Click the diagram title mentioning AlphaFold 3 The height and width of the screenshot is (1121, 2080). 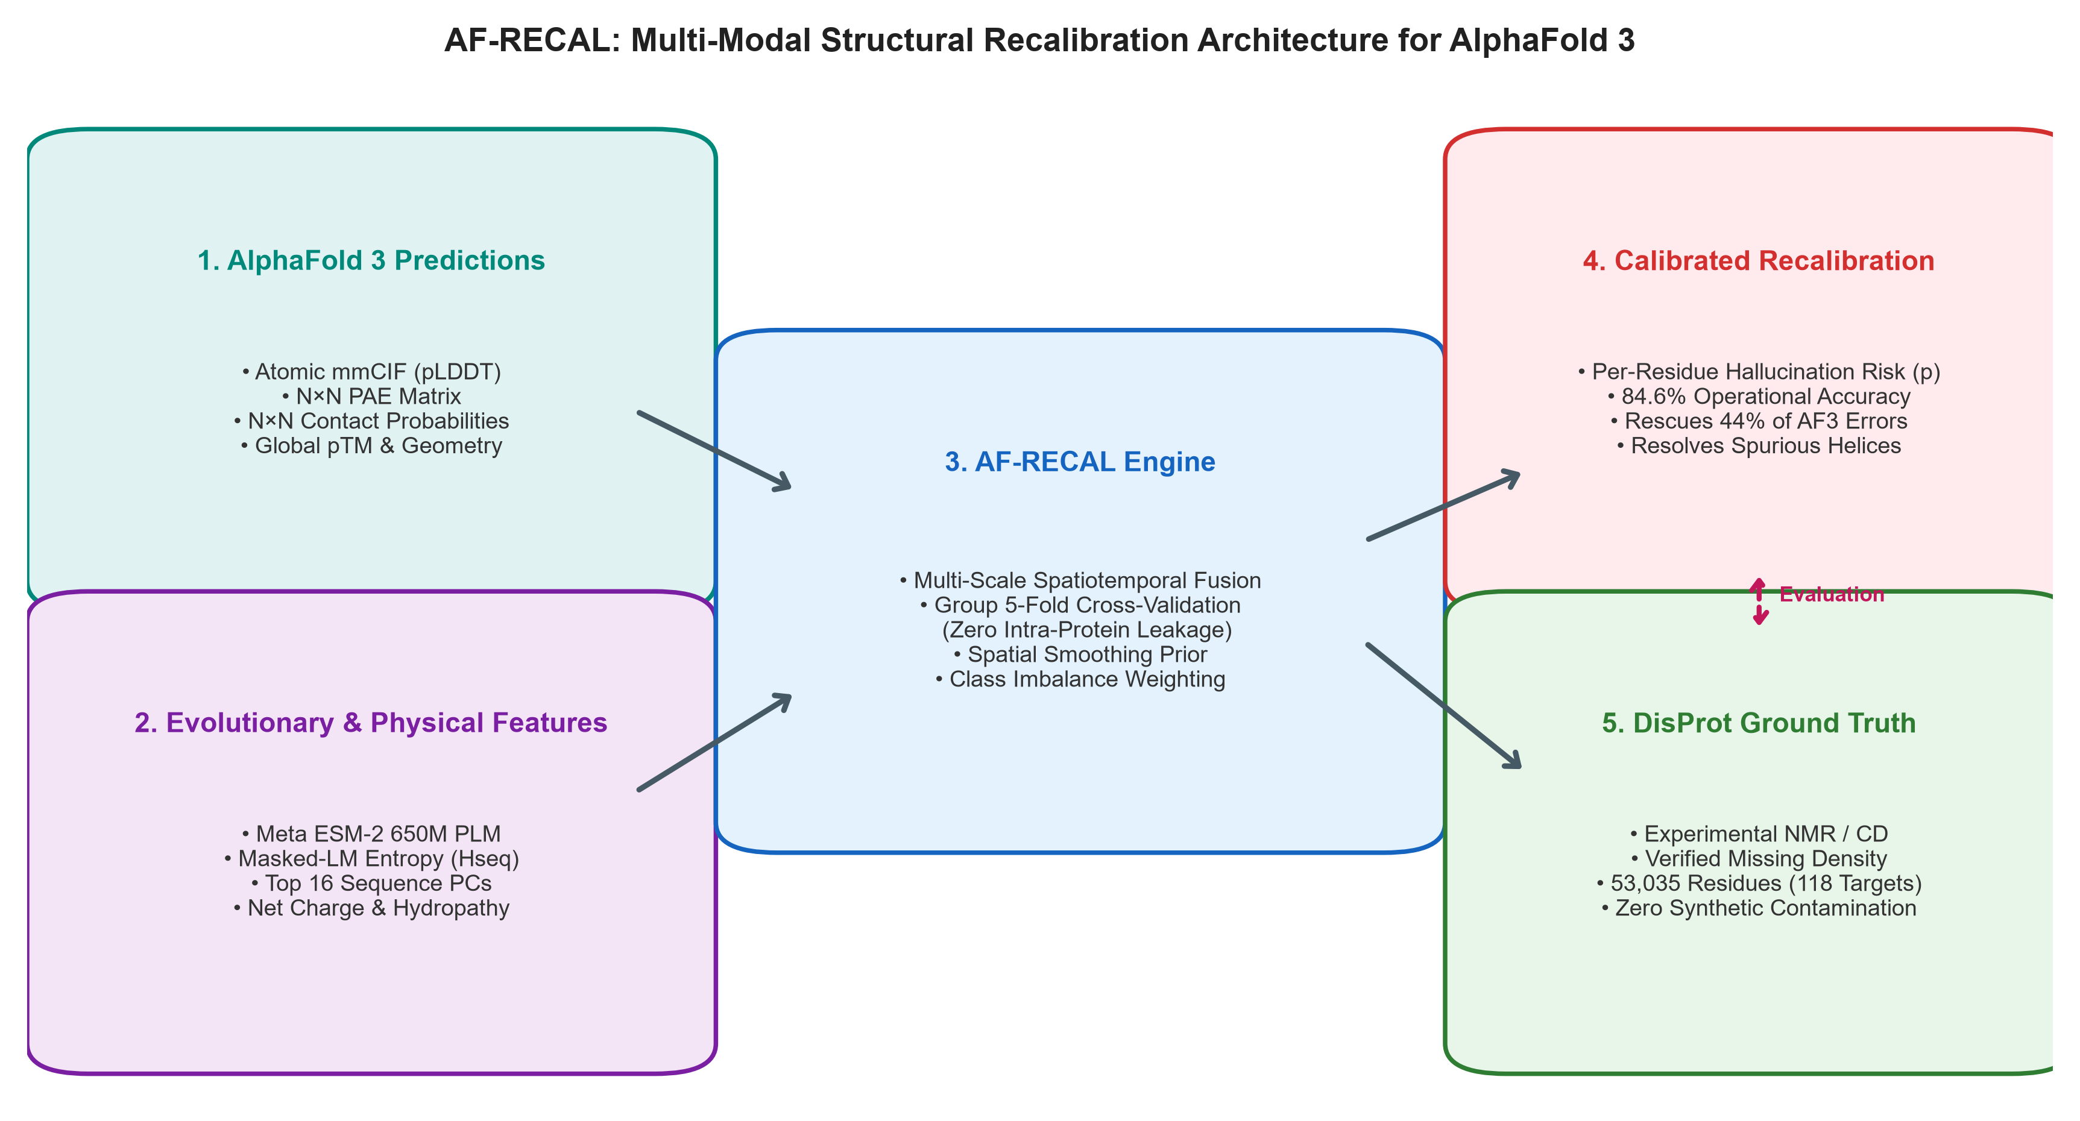click(1039, 40)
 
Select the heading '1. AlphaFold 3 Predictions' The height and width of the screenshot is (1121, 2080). click(371, 261)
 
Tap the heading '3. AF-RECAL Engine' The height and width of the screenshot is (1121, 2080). click(1080, 462)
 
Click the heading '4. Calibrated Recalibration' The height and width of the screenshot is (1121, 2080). click(1759, 261)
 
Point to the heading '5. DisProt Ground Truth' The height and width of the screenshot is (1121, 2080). click(1759, 723)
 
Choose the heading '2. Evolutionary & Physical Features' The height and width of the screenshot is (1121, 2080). click(371, 723)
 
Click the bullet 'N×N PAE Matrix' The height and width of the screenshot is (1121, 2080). click(371, 396)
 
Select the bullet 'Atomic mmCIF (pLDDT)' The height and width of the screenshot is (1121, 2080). click(371, 372)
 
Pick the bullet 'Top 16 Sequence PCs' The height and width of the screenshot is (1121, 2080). click(371, 884)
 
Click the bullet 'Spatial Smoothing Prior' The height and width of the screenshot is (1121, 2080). click(1080, 655)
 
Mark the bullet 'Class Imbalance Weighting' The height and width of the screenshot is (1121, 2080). click(1080, 680)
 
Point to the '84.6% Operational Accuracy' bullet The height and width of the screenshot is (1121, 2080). click(1759, 396)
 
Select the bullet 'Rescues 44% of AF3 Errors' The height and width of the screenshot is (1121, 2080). click(1759, 421)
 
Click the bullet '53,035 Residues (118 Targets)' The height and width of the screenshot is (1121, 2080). click(1759, 884)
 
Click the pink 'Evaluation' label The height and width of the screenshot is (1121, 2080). click(1832, 595)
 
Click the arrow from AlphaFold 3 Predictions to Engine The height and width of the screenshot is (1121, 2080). click(714, 450)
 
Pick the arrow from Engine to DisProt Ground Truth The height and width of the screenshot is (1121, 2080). click(1445, 706)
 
